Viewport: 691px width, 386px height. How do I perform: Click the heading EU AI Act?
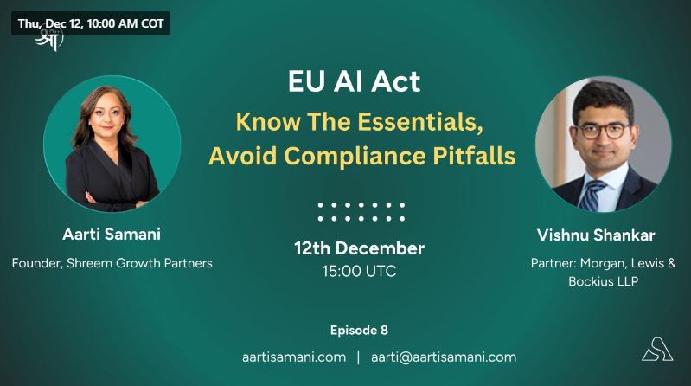point(355,81)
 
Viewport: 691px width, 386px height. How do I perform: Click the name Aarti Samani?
point(112,235)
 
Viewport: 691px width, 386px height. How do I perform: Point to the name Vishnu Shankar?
point(596,235)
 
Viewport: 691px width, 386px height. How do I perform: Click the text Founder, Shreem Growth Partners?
point(112,263)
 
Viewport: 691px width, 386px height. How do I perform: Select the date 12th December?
point(359,248)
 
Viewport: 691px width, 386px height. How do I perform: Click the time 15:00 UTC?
point(359,271)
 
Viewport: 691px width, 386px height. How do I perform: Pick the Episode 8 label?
point(359,331)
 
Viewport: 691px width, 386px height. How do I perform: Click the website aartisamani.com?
point(294,357)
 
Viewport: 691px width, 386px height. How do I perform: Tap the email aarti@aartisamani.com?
point(444,357)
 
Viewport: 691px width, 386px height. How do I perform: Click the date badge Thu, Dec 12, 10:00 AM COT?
point(91,23)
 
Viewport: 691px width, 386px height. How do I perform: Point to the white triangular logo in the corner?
point(657,349)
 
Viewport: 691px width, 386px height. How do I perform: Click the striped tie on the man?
point(591,195)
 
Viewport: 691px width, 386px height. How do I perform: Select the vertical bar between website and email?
point(358,357)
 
